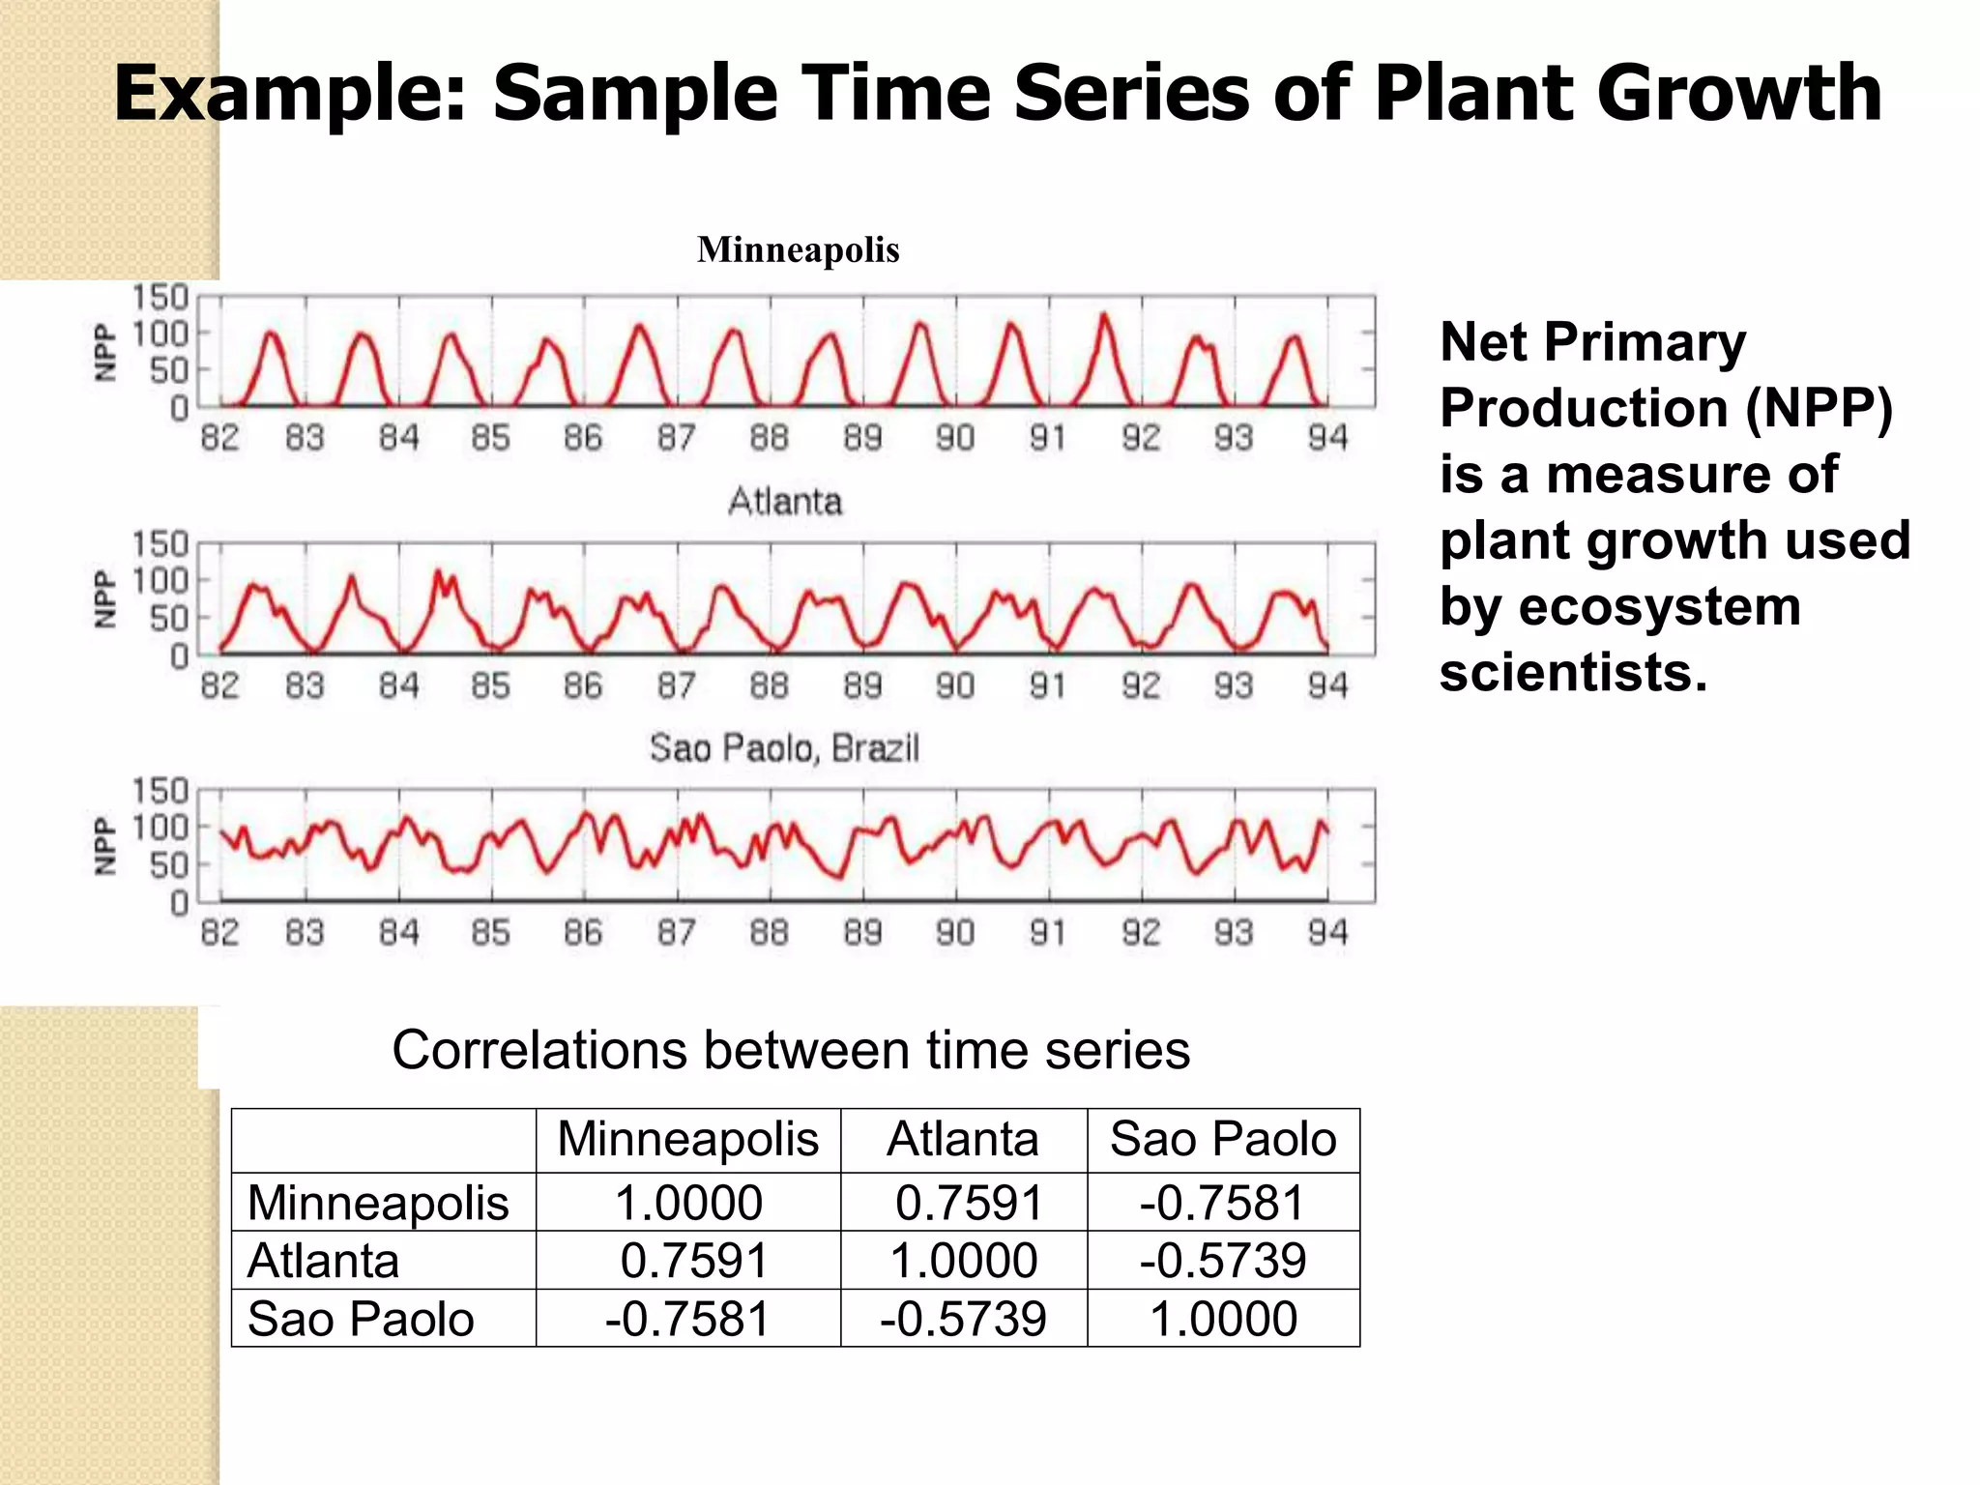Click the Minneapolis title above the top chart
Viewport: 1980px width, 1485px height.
click(x=798, y=250)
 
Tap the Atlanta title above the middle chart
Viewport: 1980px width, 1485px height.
click(x=785, y=502)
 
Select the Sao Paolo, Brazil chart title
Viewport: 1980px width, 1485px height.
click(x=784, y=748)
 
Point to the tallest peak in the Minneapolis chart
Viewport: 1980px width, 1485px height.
click(x=1104, y=316)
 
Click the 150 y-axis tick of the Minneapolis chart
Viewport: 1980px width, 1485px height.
click(x=160, y=297)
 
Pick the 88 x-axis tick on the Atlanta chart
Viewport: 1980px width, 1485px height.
click(x=770, y=686)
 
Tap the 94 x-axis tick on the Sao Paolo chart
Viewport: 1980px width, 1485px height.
click(x=1327, y=933)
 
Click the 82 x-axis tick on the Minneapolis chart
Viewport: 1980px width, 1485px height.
click(x=219, y=439)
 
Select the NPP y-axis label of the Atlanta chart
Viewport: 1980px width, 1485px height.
click(x=104, y=598)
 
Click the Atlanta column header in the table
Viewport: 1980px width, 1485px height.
click(x=963, y=1140)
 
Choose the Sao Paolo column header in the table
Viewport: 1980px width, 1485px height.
click(x=1223, y=1140)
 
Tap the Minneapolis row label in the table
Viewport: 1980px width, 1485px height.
click(x=378, y=1204)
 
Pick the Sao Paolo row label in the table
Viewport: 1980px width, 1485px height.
click(x=361, y=1320)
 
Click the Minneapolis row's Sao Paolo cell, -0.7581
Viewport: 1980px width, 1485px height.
click(x=1223, y=1204)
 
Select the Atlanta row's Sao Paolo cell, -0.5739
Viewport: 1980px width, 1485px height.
click(x=1223, y=1262)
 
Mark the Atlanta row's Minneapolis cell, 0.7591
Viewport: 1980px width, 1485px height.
click(x=693, y=1262)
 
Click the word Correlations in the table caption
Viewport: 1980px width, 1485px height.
click(x=538, y=1051)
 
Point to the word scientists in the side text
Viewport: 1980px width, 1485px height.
click(x=1572, y=673)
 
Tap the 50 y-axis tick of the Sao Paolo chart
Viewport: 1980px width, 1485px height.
click(x=168, y=865)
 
